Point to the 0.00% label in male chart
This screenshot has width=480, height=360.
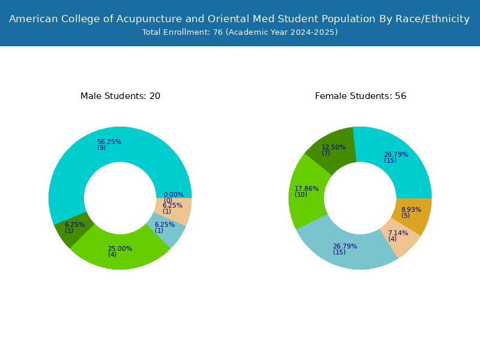click(173, 194)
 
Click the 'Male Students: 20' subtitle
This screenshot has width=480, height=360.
click(121, 96)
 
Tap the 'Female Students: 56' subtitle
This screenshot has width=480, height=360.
click(361, 96)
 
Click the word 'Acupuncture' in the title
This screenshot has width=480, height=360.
click(149, 19)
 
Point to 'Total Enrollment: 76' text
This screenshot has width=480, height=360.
click(182, 32)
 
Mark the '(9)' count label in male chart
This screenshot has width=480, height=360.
click(101, 148)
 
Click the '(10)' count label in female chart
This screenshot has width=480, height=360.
click(301, 194)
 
